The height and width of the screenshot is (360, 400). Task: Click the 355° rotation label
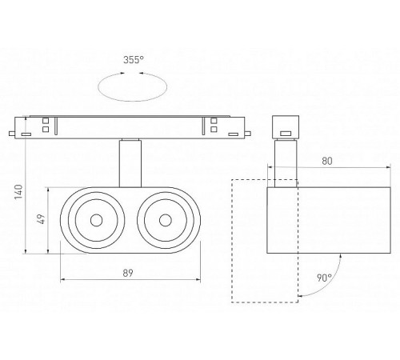click(134, 60)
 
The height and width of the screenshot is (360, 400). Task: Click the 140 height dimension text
click(19, 192)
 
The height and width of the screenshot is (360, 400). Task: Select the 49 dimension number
click(42, 219)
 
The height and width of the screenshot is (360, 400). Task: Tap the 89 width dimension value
click(128, 273)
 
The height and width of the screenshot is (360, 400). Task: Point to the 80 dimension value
click(327, 161)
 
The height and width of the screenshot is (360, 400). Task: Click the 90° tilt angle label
click(324, 278)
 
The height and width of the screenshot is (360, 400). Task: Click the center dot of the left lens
click(96, 220)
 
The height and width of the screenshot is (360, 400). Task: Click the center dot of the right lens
click(166, 220)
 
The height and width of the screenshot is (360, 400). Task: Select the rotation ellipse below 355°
click(133, 101)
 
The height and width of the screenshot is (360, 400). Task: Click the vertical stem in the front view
click(130, 163)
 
